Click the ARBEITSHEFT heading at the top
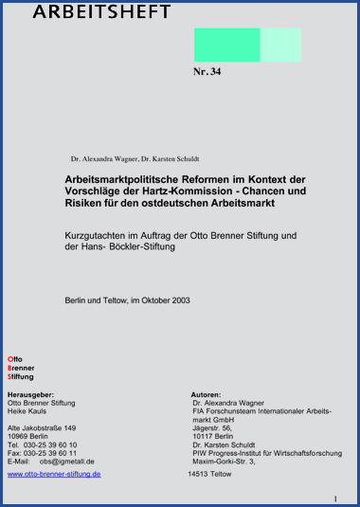(x=102, y=11)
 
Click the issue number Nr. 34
(x=207, y=72)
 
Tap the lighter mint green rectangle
(x=279, y=45)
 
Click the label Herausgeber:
(x=31, y=393)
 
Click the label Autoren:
(x=207, y=393)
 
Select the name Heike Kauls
(x=28, y=410)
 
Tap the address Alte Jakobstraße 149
(x=42, y=427)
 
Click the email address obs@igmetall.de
(x=66, y=462)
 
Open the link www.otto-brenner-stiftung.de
(x=54, y=473)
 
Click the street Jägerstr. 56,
(x=212, y=427)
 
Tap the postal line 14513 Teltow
(x=209, y=473)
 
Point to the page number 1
(x=335, y=498)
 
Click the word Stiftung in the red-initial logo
(x=21, y=376)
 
